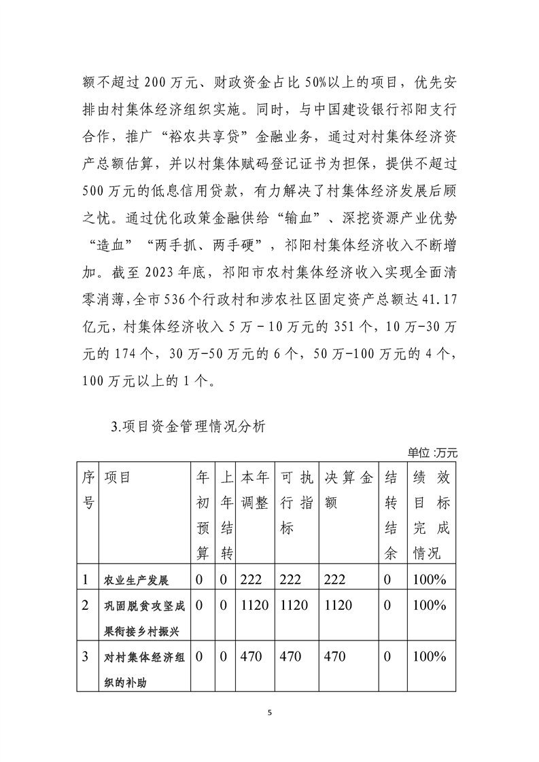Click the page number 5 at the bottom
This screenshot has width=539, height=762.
pos(270,712)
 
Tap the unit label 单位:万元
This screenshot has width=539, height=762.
pos(433,452)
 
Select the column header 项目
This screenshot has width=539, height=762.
pos(117,477)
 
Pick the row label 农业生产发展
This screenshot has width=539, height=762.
pos(135,581)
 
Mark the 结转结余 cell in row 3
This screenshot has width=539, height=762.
pos(387,657)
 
